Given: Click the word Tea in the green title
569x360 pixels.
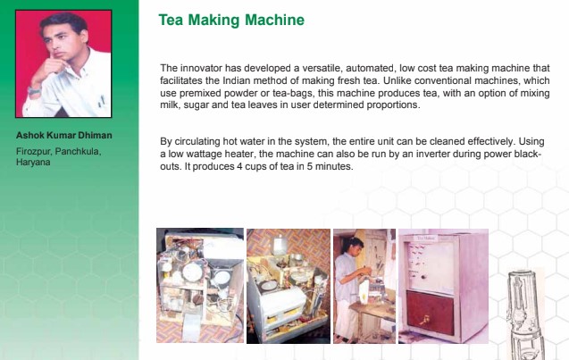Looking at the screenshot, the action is pos(171,20).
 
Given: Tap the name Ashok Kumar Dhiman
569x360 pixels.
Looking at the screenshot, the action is pos(64,136).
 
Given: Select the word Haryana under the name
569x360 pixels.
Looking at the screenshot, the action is pos(33,162).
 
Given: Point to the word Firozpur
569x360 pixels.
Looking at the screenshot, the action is pos(34,151).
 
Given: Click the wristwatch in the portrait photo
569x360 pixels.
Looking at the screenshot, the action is pos(34,91).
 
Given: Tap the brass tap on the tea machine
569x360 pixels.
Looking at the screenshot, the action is pos(425,320).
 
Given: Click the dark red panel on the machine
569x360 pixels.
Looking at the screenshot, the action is pos(431,313).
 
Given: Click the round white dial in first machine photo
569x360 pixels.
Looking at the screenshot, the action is pos(191,272).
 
